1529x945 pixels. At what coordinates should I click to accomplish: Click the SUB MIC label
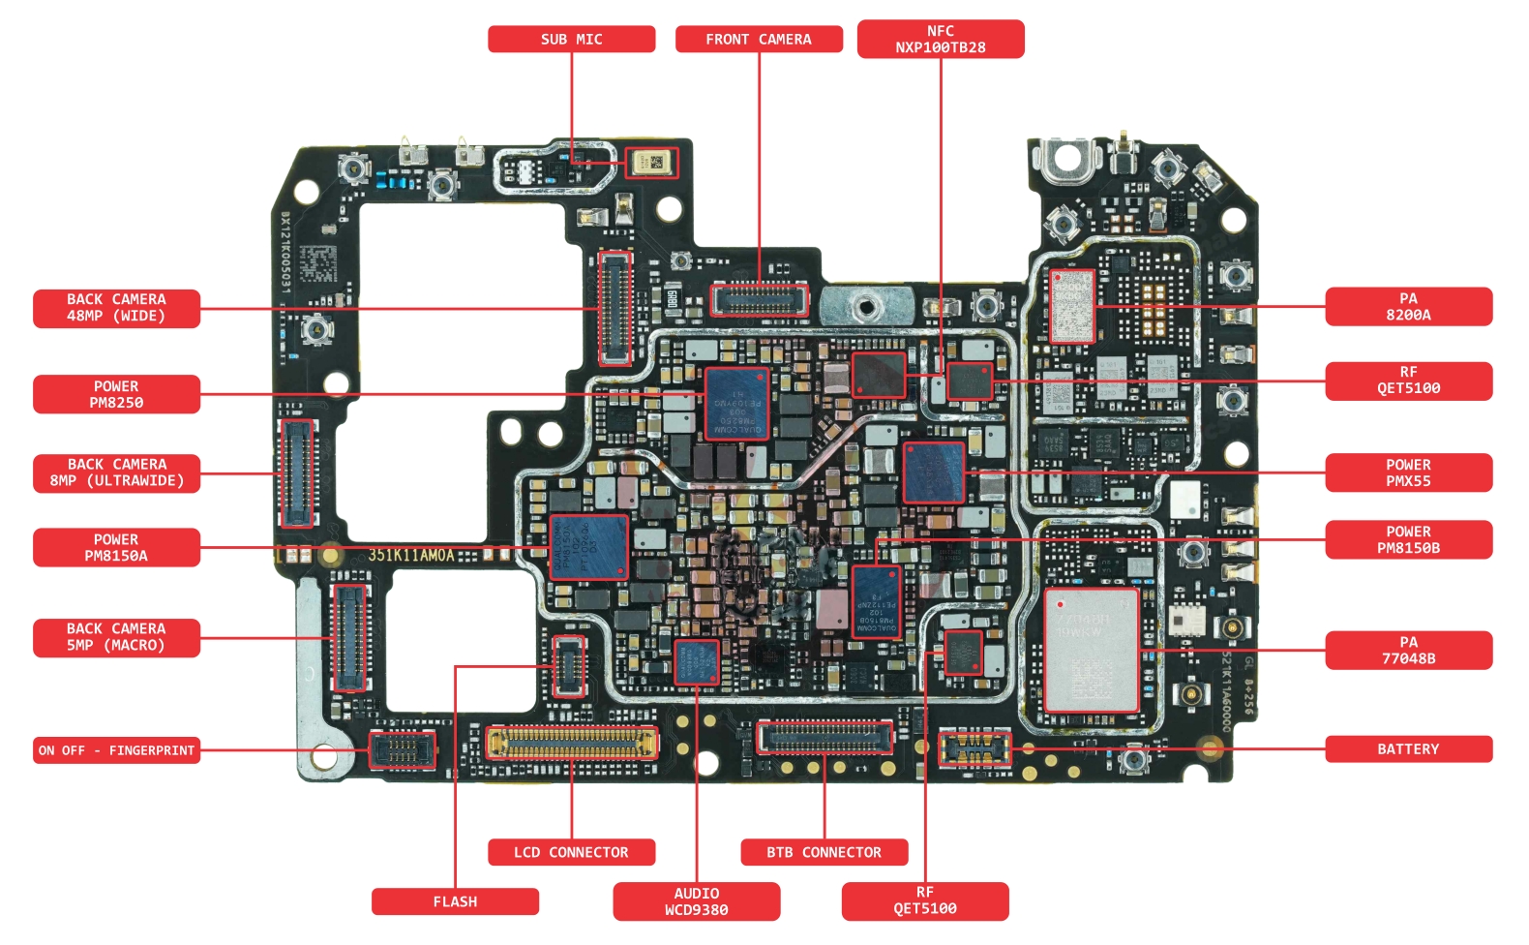tap(571, 39)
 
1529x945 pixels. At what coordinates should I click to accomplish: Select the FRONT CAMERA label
tap(759, 39)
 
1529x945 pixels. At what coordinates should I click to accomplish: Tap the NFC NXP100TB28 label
tap(940, 39)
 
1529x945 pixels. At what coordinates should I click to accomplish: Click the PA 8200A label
tap(1408, 306)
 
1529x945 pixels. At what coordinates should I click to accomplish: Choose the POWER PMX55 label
tap(1408, 472)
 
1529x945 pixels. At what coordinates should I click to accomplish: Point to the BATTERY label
tap(1408, 748)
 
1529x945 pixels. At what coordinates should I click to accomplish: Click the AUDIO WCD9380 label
tap(696, 900)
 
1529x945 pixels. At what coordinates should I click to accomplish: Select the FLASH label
tap(455, 900)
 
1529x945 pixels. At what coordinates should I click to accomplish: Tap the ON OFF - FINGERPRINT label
tap(116, 749)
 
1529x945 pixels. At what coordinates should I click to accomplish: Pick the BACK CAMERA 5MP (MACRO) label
tap(116, 637)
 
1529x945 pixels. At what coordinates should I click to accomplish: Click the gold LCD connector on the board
tap(572, 743)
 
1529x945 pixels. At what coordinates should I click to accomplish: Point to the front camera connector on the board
tap(760, 300)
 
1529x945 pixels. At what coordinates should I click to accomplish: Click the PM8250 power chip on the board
tap(736, 403)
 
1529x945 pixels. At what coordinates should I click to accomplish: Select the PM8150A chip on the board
tap(588, 547)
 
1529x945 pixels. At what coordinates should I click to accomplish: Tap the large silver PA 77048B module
tap(1091, 650)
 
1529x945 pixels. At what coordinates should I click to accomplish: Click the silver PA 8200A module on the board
tap(1072, 306)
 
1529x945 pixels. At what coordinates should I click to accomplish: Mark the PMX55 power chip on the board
tap(934, 472)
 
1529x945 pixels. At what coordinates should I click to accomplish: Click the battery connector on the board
tap(974, 747)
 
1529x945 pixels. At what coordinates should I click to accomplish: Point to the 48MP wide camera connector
tap(615, 307)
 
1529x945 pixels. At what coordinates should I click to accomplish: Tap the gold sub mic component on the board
tap(651, 162)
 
